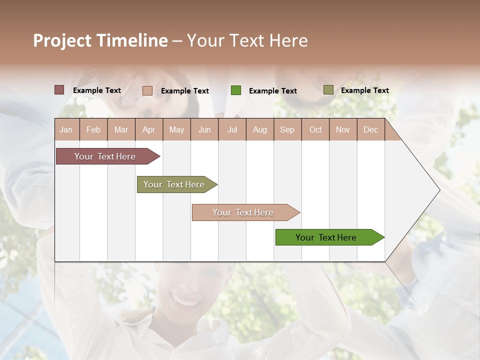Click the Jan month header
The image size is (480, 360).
[x=66, y=129]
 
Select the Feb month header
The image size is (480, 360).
[x=93, y=129]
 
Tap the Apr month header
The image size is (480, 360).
[x=148, y=129]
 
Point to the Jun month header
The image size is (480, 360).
[x=204, y=129]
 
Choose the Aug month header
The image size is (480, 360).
[x=259, y=129]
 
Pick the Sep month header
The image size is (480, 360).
[x=287, y=129]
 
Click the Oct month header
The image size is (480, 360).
[x=315, y=129]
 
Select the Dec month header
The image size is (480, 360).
[x=370, y=129]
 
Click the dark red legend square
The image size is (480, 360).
[x=59, y=90]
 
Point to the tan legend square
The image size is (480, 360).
[x=147, y=90]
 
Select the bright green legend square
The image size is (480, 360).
[x=236, y=90]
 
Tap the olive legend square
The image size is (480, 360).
[x=328, y=90]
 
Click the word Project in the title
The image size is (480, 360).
[x=62, y=41]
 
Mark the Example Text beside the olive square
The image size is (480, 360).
[x=364, y=90]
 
